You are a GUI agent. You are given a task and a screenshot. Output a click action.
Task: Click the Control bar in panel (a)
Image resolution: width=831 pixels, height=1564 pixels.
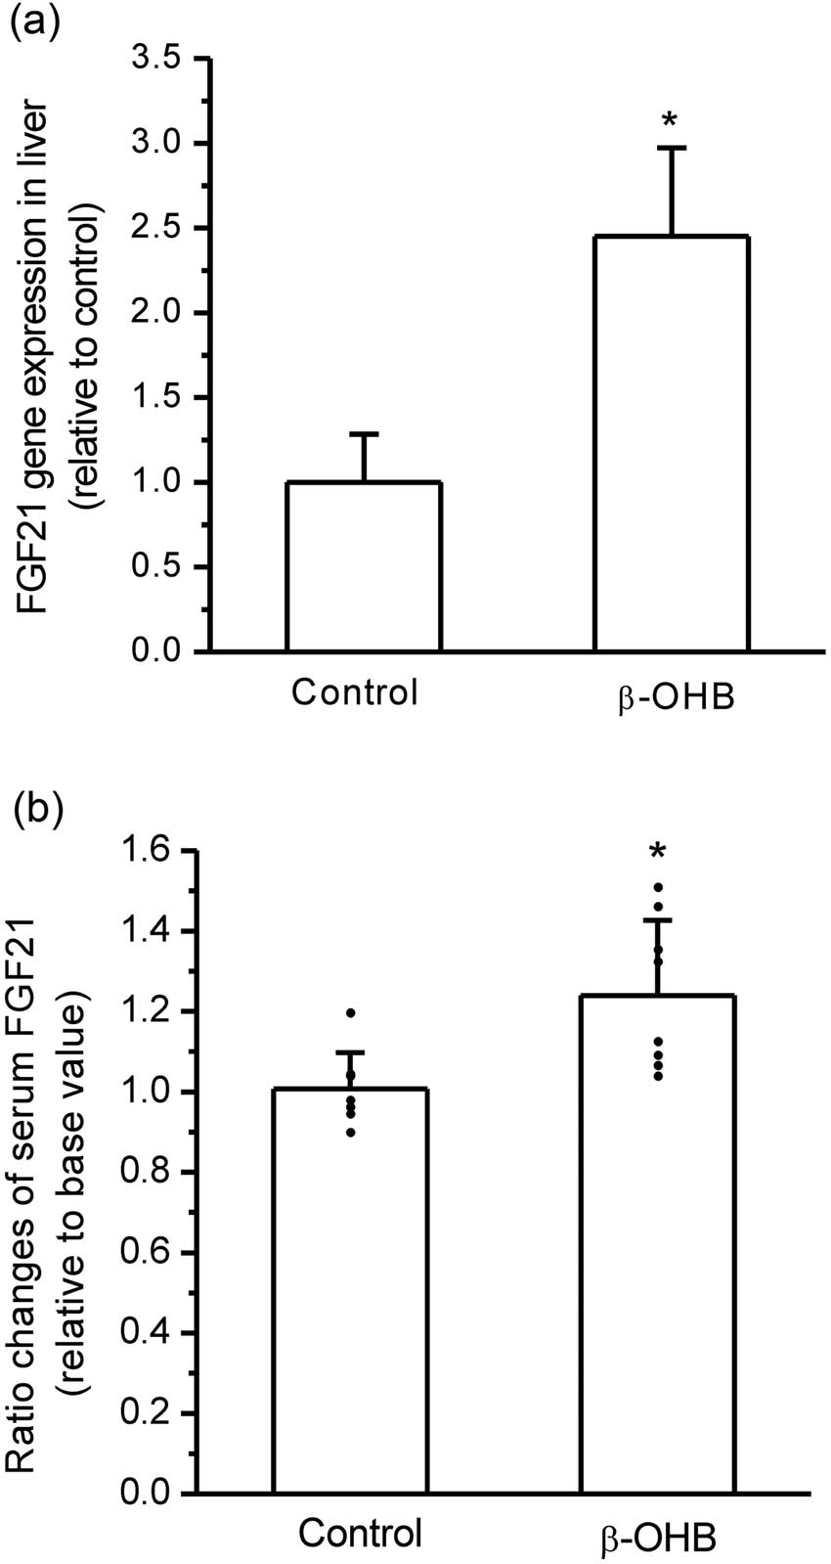[x=364, y=566]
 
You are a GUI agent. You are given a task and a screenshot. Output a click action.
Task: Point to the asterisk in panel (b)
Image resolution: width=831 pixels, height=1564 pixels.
[x=658, y=852]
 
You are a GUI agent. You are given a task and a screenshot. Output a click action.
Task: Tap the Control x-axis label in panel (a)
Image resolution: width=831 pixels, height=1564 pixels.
[x=354, y=693]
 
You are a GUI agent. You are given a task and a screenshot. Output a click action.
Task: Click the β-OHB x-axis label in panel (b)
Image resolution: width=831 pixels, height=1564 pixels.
[x=657, y=1537]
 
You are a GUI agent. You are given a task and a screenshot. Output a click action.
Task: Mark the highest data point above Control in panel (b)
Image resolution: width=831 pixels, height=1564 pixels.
[x=350, y=1012]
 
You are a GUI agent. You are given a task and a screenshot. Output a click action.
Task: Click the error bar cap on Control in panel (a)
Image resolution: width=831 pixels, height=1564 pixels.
[x=364, y=433]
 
